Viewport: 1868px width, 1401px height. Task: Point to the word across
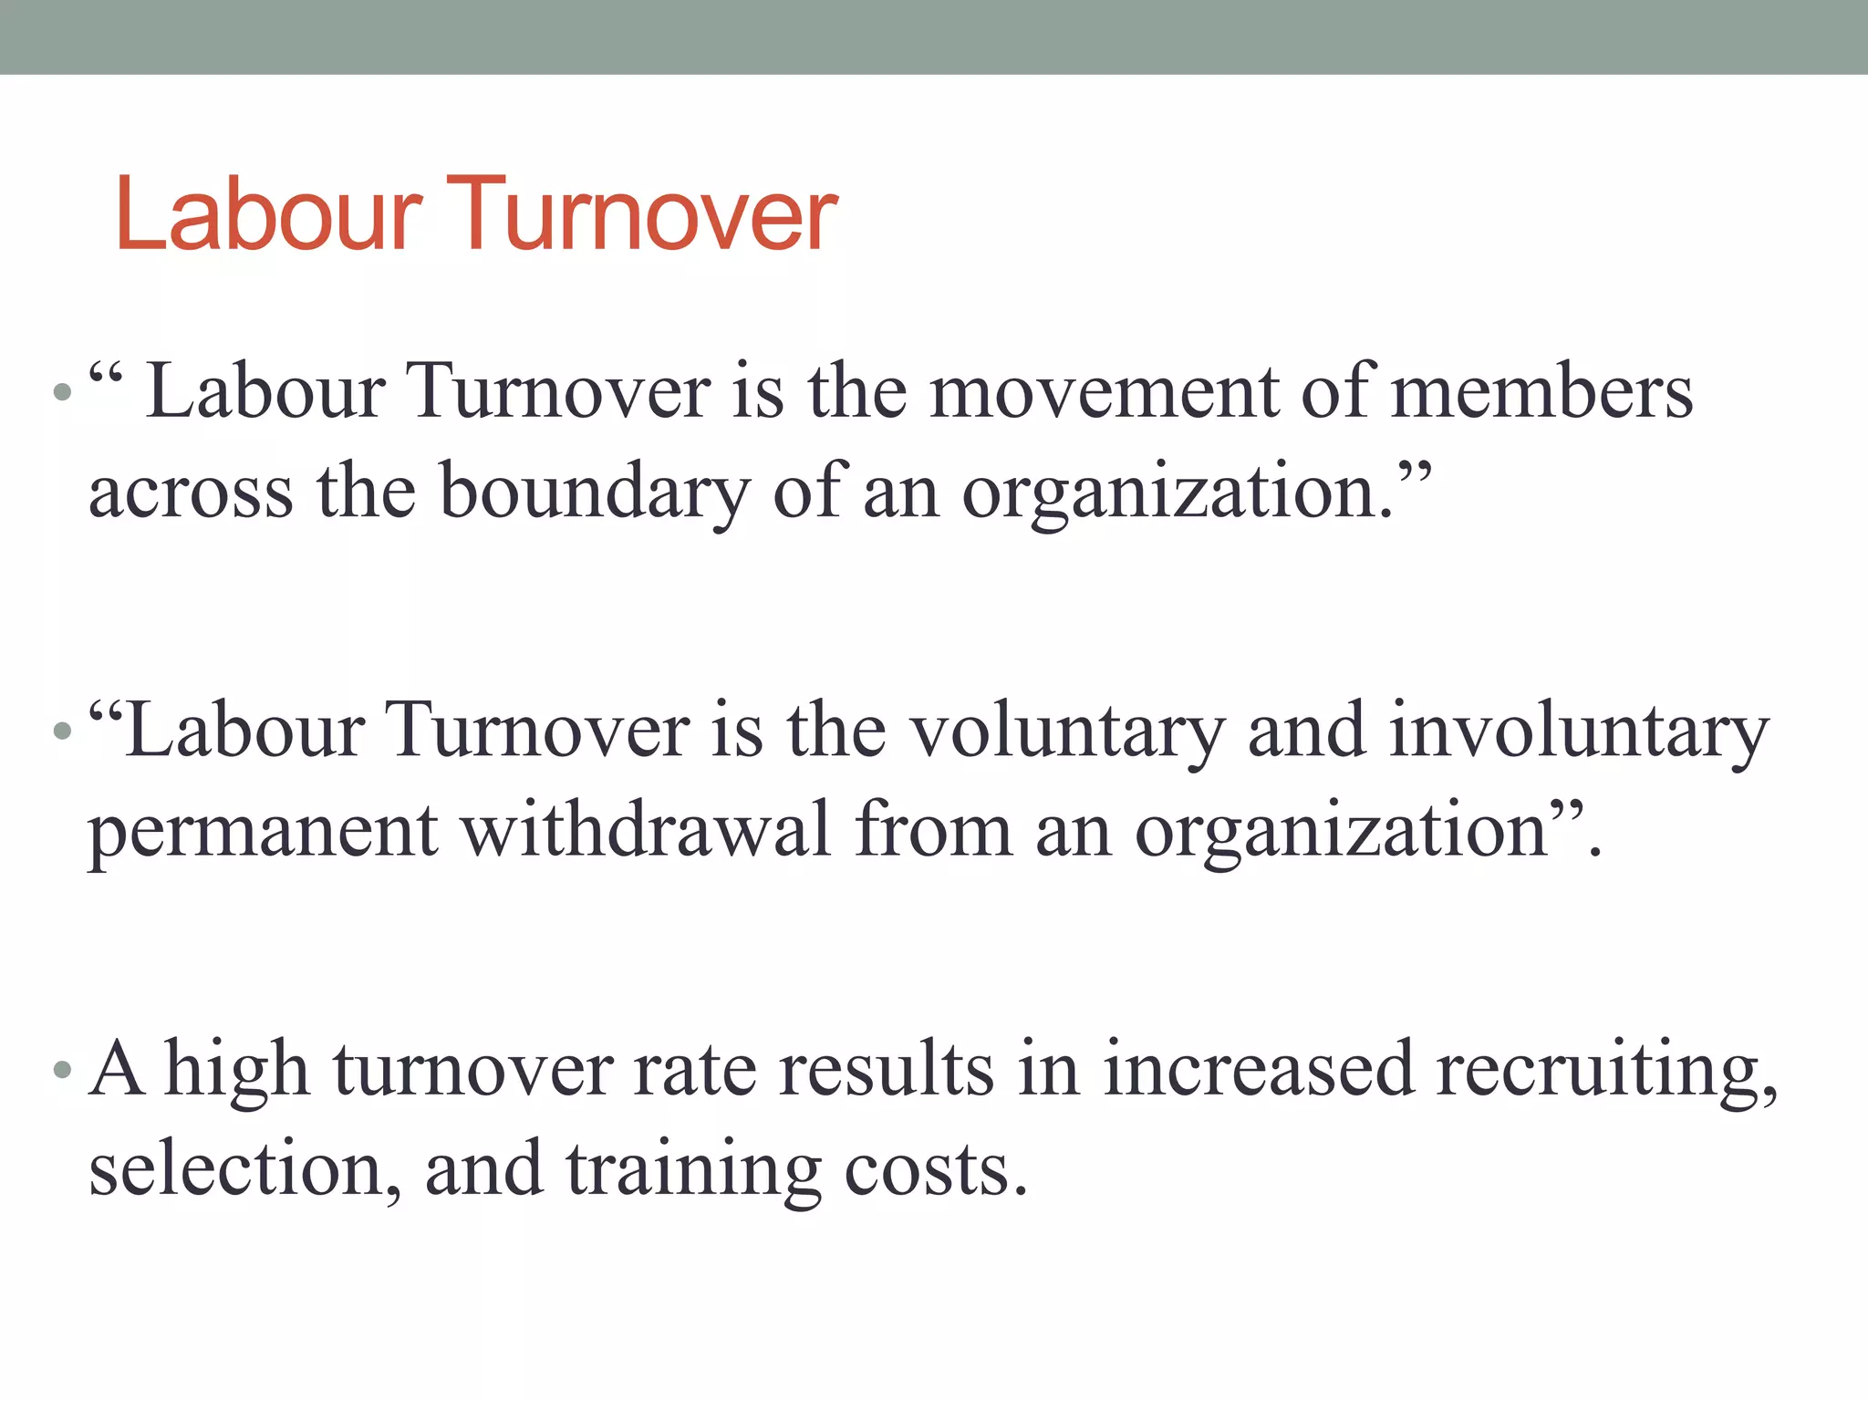[191, 493]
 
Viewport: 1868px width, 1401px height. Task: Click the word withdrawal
[647, 830]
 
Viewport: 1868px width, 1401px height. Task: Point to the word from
[933, 830]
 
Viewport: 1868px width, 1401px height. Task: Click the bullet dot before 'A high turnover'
[62, 1069]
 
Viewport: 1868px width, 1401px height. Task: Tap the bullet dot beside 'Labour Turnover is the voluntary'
[62, 731]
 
